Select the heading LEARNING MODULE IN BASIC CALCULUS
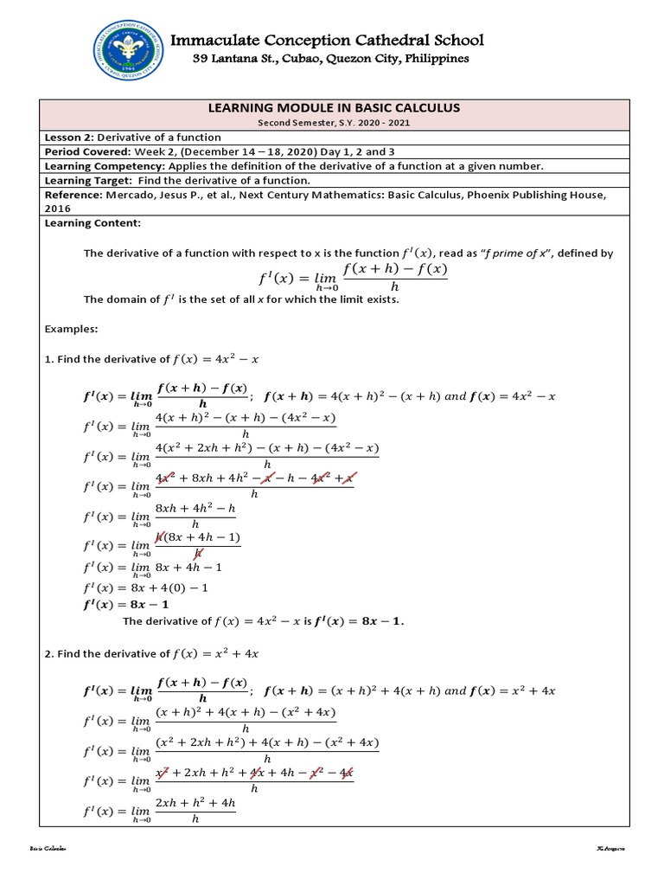click(x=331, y=107)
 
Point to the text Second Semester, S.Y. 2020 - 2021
click(x=331, y=123)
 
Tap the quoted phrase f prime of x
click(x=546, y=254)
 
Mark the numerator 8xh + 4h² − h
click(x=195, y=510)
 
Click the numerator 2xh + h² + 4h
click(x=195, y=804)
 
